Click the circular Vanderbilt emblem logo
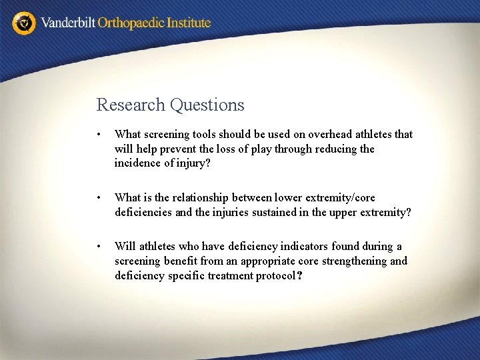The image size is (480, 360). (25, 23)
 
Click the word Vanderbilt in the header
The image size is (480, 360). (68, 23)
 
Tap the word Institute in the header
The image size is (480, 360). (189, 23)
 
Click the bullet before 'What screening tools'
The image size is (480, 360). (99, 135)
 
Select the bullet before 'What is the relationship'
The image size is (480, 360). (99, 198)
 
